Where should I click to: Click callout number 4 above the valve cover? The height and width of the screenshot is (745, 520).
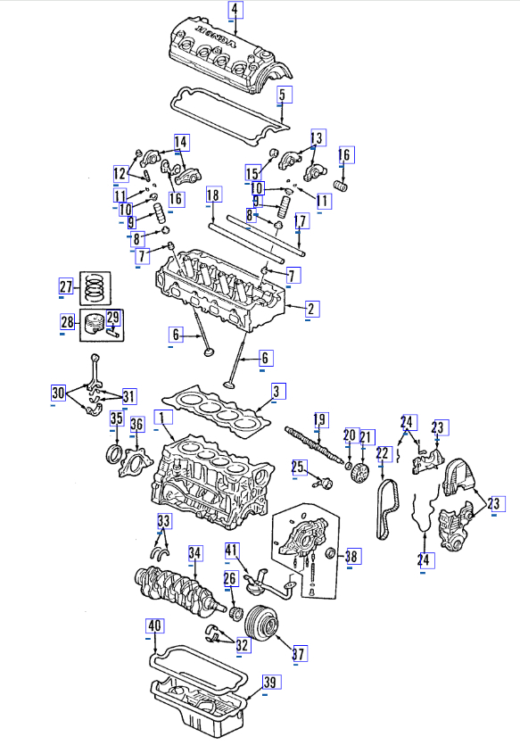[235, 10]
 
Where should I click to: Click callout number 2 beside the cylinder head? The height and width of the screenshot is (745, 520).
[311, 309]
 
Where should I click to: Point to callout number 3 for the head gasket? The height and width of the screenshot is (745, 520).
[277, 392]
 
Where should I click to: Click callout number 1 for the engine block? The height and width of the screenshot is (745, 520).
[163, 418]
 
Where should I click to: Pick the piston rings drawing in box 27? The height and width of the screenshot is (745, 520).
[95, 288]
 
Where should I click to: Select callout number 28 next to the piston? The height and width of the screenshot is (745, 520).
[68, 323]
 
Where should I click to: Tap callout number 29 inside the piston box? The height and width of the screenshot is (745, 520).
[113, 318]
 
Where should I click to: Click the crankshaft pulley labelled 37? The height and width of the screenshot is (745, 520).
[261, 622]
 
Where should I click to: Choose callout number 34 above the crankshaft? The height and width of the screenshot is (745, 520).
[194, 553]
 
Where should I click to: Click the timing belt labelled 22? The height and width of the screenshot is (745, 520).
[388, 509]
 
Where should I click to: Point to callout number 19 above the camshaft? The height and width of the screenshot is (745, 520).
[320, 420]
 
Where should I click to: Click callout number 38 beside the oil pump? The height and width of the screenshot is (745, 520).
[352, 556]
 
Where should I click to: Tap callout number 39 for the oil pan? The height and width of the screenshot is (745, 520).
[270, 683]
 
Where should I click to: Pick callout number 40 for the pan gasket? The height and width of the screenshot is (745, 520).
[155, 625]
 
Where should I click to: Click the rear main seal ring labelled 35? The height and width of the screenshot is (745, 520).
[114, 454]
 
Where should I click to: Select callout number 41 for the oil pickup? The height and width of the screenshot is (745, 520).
[232, 550]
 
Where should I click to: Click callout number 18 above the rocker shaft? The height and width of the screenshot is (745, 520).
[214, 195]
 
